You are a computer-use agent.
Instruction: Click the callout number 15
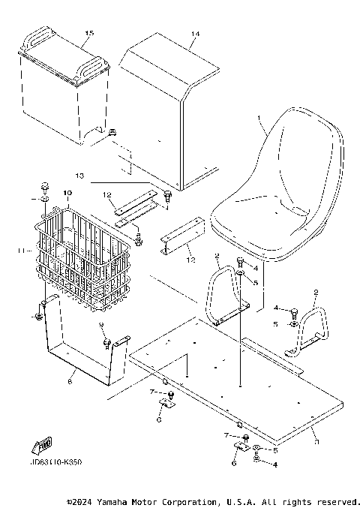(x=89, y=34)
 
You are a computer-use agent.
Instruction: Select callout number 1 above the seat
(x=259, y=119)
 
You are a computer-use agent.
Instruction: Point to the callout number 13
(x=101, y=176)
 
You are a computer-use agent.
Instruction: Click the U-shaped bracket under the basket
(x=79, y=349)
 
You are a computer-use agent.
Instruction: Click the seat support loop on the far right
(x=315, y=326)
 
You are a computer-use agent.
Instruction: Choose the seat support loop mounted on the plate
(x=221, y=296)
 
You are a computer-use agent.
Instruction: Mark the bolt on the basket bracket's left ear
(x=36, y=318)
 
